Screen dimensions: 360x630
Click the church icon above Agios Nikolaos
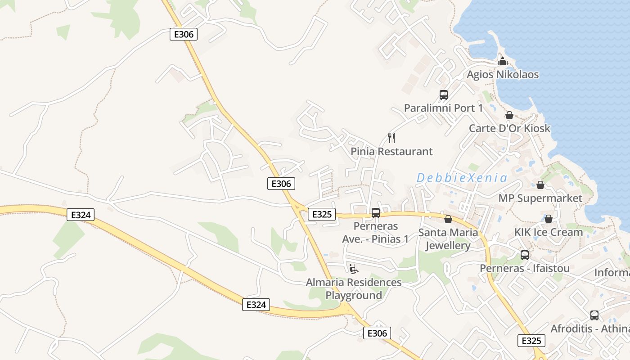click(x=503, y=61)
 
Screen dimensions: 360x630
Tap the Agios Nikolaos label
click(x=503, y=74)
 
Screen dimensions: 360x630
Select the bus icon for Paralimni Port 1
click(x=444, y=95)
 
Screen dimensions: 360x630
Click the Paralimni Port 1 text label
click(x=443, y=108)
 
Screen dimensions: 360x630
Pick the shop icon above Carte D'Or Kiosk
click(x=509, y=115)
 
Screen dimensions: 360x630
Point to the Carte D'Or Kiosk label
click(x=509, y=128)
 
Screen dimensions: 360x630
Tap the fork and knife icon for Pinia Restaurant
click(x=391, y=138)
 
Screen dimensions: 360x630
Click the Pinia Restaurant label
click(x=391, y=152)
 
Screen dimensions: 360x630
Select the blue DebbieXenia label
click(x=462, y=178)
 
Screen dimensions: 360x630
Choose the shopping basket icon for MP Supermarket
click(x=540, y=185)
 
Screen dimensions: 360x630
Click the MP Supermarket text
click(x=540, y=198)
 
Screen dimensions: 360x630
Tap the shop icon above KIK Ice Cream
click(x=549, y=219)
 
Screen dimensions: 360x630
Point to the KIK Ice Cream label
click(x=549, y=232)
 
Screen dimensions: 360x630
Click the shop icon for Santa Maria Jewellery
click(x=448, y=219)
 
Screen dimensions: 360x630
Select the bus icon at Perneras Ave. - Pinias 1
click(x=376, y=213)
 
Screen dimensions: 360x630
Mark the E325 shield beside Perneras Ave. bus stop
click(x=322, y=214)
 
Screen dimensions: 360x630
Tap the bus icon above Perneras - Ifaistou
click(x=525, y=255)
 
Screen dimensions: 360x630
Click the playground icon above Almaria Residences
click(x=354, y=269)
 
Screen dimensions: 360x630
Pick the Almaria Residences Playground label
click(x=354, y=289)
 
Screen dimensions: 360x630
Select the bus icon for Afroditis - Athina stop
click(x=594, y=315)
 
